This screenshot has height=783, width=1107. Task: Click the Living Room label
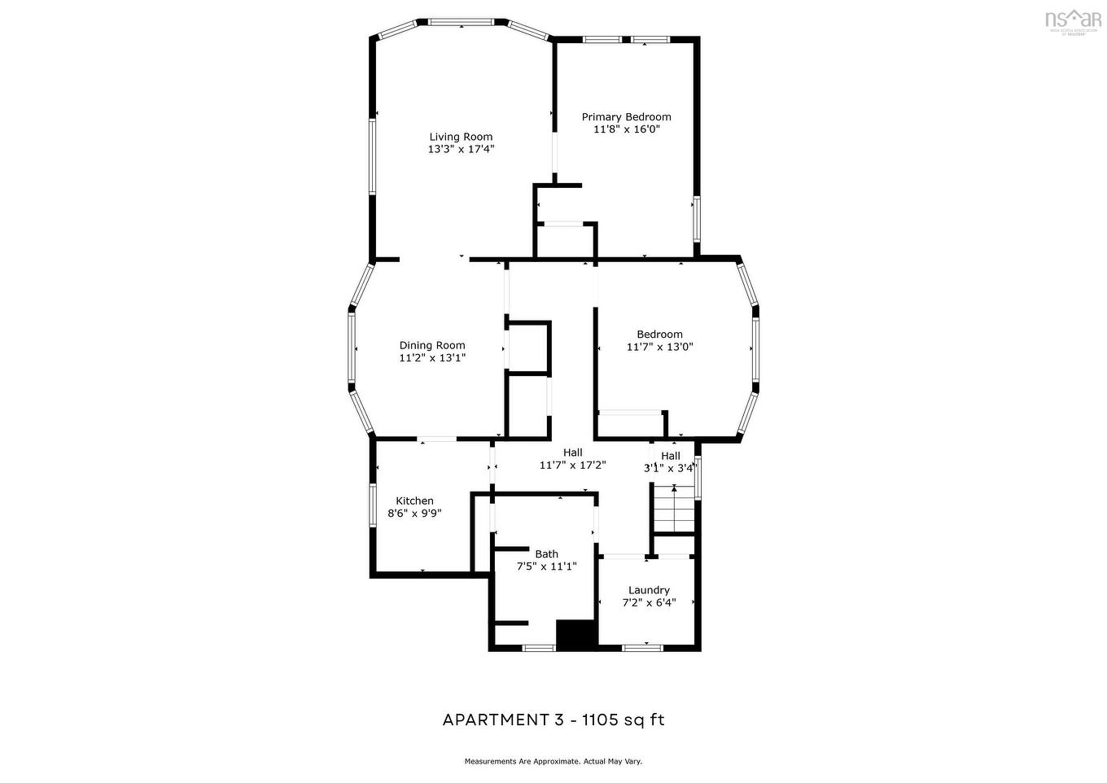pyautogui.click(x=461, y=137)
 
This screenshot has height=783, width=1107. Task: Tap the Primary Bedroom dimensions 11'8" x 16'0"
pyautogui.click(x=626, y=129)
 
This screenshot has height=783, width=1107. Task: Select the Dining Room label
pyautogui.click(x=431, y=345)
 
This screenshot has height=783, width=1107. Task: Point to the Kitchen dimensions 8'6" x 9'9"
pyautogui.click(x=414, y=514)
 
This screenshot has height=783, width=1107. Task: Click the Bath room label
pyautogui.click(x=546, y=554)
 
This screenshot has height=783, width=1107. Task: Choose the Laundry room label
pyautogui.click(x=649, y=590)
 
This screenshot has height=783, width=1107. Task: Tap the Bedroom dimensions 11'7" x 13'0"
pyautogui.click(x=659, y=347)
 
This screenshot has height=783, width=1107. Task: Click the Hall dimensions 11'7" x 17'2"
pyautogui.click(x=572, y=466)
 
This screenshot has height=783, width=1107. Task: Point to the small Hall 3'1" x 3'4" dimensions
pyautogui.click(x=670, y=468)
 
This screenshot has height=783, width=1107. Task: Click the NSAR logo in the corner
pyautogui.click(x=1073, y=20)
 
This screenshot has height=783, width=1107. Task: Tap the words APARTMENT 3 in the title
pyautogui.click(x=502, y=720)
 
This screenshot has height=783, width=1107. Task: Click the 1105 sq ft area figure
pyautogui.click(x=622, y=720)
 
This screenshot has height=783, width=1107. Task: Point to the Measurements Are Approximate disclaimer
pyautogui.click(x=553, y=762)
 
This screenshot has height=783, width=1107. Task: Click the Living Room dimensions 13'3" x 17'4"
pyautogui.click(x=461, y=149)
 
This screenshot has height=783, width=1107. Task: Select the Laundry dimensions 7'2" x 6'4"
pyautogui.click(x=649, y=603)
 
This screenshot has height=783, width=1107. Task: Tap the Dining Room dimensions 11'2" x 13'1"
pyautogui.click(x=431, y=357)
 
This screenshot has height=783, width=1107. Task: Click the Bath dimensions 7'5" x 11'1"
pyautogui.click(x=546, y=566)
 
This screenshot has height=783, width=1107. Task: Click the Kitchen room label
pyautogui.click(x=414, y=501)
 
